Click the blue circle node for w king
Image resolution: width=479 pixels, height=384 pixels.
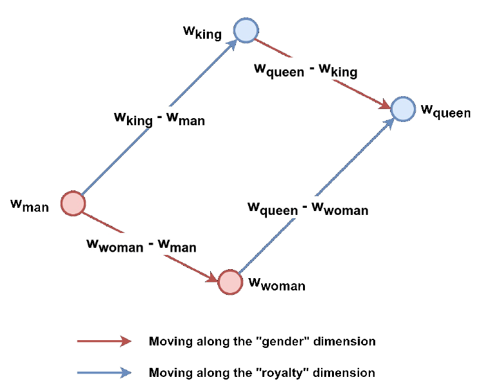pos(246,30)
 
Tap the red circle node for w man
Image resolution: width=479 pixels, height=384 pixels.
pos(73,203)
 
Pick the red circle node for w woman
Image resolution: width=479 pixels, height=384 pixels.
pos(230,282)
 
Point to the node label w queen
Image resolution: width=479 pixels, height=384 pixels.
pos(445,111)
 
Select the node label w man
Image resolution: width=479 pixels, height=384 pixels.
pos(30,205)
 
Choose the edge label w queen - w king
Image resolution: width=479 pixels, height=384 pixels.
pos(306,70)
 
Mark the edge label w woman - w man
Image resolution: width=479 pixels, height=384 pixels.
pos(141,245)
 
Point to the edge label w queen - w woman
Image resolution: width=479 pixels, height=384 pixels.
pos(308,208)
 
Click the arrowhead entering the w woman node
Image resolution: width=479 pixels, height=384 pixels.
pos(212,277)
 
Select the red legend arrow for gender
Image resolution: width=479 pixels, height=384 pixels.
pos(104,341)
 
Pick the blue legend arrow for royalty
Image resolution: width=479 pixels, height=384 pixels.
pos(104,372)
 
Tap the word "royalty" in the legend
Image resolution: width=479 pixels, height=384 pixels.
pos(287,372)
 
